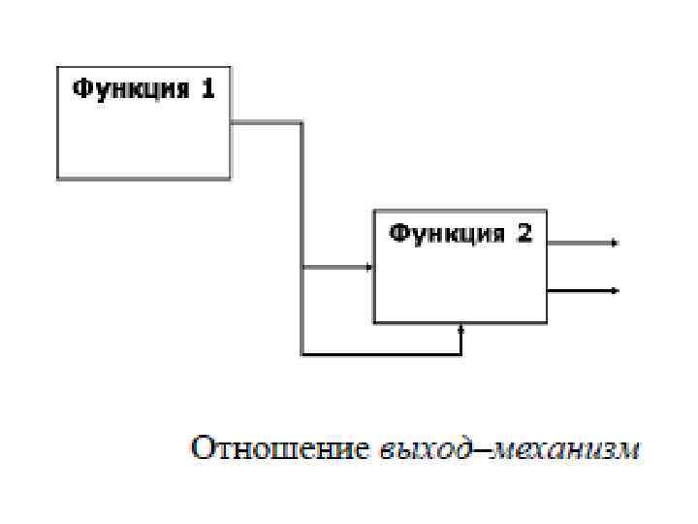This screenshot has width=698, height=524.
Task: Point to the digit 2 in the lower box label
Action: coord(524,233)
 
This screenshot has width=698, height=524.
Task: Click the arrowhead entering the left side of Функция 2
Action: coord(369,268)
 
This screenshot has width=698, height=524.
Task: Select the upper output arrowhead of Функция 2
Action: coord(615,243)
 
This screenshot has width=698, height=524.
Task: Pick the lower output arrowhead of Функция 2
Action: coord(615,289)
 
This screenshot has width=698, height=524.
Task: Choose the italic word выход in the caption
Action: coord(417,450)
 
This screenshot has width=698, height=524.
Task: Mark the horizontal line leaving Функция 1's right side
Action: coord(267,123)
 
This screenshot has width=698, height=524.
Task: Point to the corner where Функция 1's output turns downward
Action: coord(302,123)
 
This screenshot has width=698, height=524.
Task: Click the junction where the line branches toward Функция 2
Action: coord(302,268)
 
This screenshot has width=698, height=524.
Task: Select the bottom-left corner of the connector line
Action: coord(302,354)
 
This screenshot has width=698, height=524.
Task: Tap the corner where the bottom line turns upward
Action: coord(461,354)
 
